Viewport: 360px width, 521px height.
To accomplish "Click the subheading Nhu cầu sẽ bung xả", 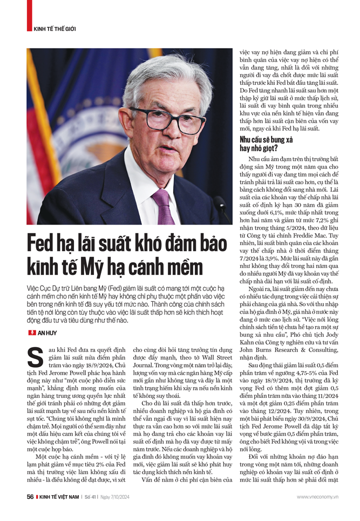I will click(x=266, y=139).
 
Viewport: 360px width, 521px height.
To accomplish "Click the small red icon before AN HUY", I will click(x=31, y=333).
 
